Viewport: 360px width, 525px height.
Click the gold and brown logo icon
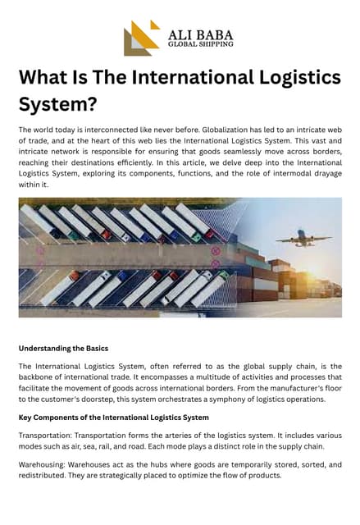(141, 38)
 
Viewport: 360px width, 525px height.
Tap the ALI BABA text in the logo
(200, 34)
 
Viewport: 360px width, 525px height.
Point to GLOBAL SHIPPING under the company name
(200, 44)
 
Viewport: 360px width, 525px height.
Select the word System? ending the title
(57, 105)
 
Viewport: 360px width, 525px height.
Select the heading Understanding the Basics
(63, 348)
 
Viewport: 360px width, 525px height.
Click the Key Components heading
(103, 418)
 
